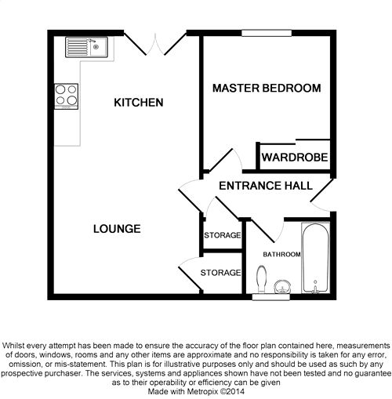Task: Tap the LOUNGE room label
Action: click(x=116, y=229)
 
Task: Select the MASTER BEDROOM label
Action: click(x=267, y=89)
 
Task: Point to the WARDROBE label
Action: click(x=294, y=158)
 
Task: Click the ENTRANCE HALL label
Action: click(x=265, y=186)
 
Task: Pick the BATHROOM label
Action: click(x=281, y=255)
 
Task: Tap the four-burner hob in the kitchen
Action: click(x=67, y=96)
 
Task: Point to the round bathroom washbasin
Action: click(x=283, y=286)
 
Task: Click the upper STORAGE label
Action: click(x=223, y=235)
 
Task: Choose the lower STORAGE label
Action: click(x=220, y=273)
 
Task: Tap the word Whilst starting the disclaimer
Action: click(x=17, y=345)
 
